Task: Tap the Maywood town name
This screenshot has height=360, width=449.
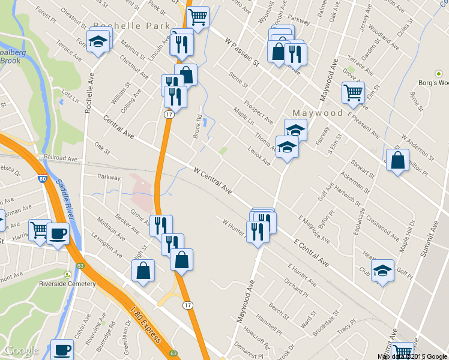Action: tap(318, 113)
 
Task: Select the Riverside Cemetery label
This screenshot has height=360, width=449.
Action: tap(76, 284)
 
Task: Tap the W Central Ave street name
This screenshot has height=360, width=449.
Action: tap(213, 179)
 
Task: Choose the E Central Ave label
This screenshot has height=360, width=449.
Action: tap(312, 252)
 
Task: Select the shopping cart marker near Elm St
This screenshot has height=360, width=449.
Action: tap(353, 92)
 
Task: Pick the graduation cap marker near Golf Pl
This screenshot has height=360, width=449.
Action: tap(382, 270)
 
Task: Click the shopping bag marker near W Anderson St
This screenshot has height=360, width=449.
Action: tap(397, 160)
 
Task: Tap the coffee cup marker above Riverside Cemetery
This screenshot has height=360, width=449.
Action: tap(58, 233)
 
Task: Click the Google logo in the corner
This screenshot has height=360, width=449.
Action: tap(21, 350)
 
